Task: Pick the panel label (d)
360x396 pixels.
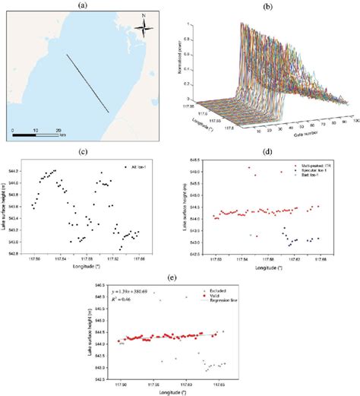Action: click(269, 152)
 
